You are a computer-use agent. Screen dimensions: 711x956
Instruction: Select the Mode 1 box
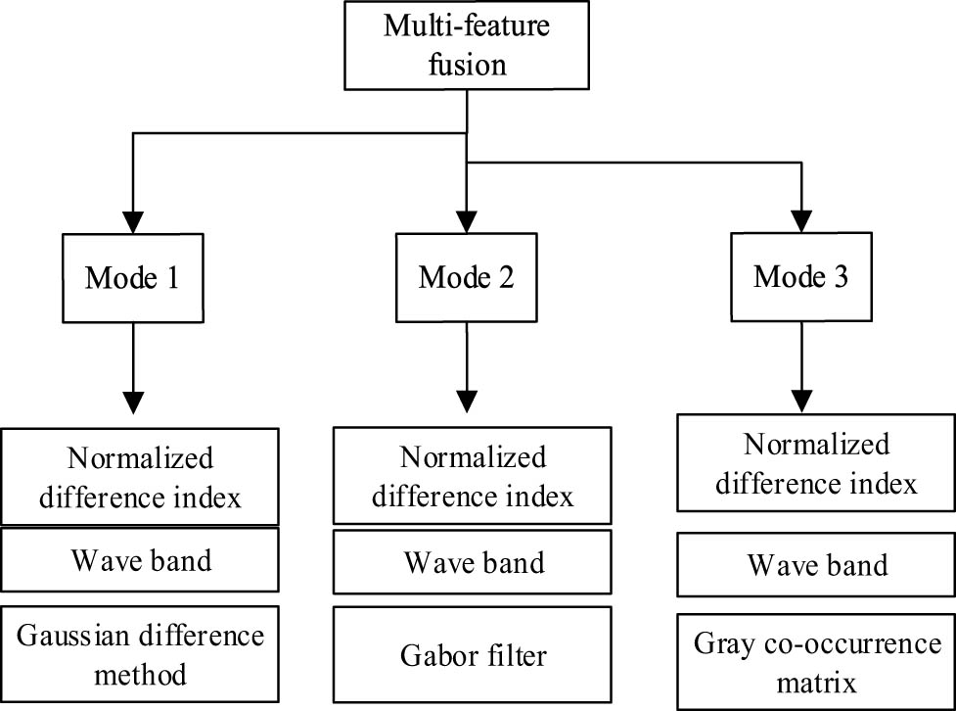click(132, 277)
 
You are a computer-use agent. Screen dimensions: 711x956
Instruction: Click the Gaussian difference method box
click(140, 654)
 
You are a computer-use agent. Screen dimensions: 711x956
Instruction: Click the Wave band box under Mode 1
click(140, 561)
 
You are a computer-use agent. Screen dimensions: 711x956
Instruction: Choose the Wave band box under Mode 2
click(474, 562)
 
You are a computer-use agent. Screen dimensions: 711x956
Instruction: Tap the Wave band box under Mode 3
click(817, 565)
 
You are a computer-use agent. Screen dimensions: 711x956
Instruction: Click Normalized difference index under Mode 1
click(140, 477)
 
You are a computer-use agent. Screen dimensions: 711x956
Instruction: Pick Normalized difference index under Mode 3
click(817, 463)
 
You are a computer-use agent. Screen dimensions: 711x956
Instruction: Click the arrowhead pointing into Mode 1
click(132, 218)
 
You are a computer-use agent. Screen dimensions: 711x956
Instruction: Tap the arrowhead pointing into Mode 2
click(467, 218)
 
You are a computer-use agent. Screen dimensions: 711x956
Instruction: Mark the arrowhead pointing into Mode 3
click(801, 218)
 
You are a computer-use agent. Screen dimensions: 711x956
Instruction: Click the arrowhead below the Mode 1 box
click(132, 401)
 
